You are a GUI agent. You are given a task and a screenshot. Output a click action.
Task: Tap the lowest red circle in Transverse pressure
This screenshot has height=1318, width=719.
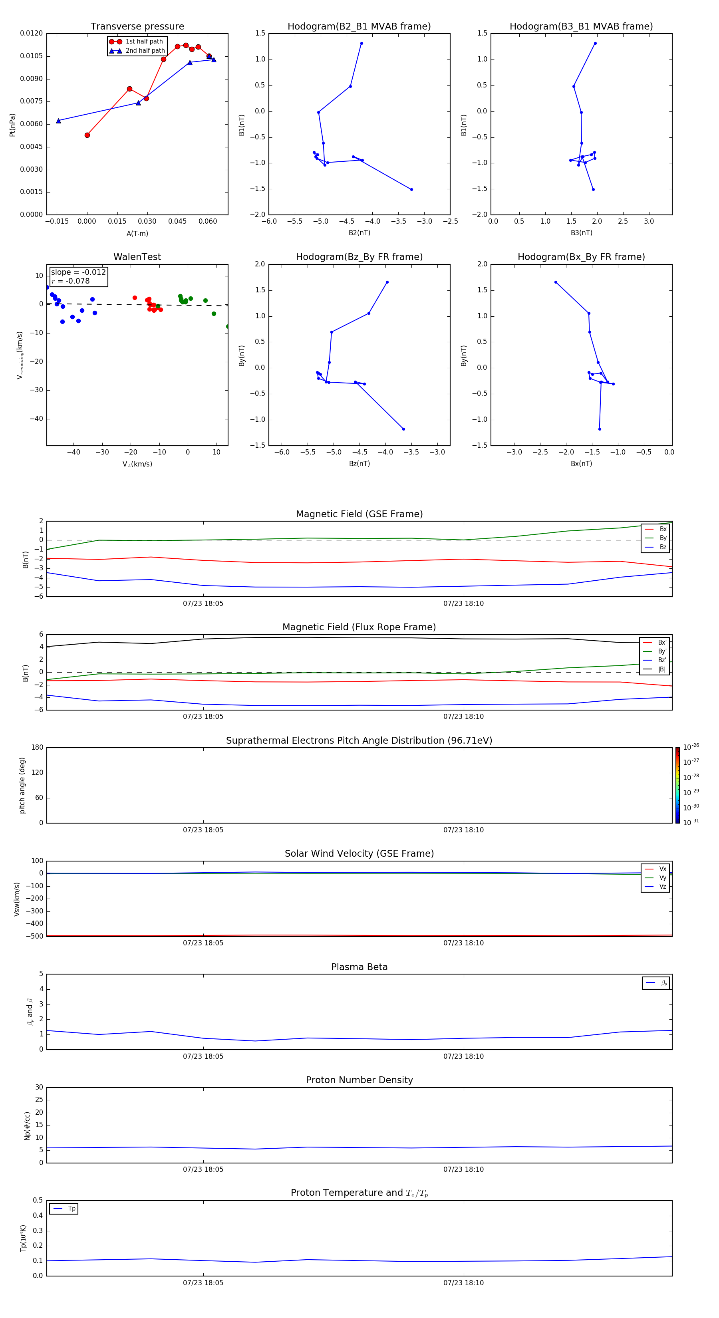coord(87,135)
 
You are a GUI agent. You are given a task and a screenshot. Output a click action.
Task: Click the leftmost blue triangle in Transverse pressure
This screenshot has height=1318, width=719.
coord(58,121)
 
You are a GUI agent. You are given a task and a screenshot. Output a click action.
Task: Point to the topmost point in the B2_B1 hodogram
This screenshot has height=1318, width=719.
coord(361,44)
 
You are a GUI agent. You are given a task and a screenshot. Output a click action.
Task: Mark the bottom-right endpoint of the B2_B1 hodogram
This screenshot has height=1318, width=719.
coord(411,189)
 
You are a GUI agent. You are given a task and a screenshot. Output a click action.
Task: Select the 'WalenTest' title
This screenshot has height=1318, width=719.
coord(137,257)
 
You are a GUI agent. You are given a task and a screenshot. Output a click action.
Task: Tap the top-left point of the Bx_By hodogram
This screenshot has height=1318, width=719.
coord(556,282)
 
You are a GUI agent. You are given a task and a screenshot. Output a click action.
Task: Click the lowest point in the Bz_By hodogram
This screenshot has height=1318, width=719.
coord(403,429)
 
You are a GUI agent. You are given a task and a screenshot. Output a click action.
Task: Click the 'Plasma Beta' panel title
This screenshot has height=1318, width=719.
coord(359,967)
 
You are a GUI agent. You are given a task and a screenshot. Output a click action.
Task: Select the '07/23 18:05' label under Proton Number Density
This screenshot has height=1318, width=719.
coord(203,1169)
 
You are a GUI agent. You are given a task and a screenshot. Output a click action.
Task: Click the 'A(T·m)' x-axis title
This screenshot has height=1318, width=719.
coord(137,233)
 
